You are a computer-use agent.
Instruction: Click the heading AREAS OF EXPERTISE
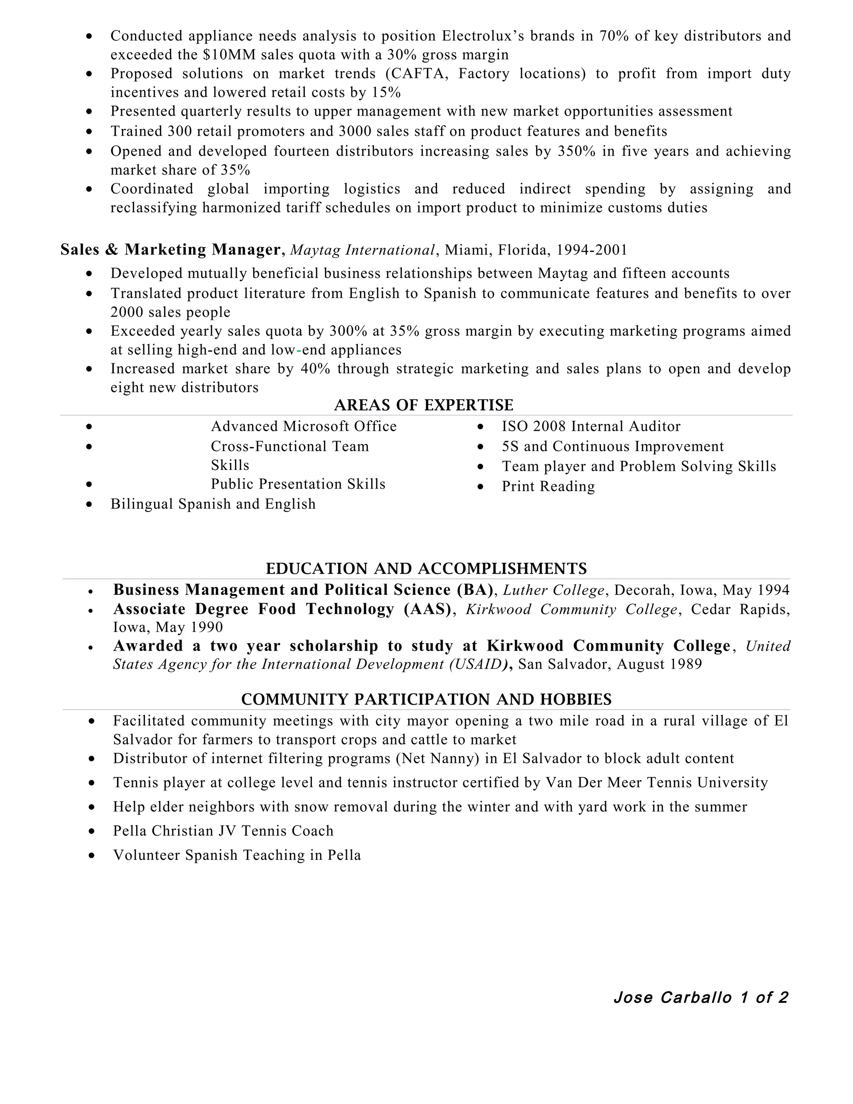pyautogui.click(x=424, y=405)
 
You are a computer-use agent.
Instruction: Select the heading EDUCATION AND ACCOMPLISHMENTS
pyautogui.click(x=426, y=569)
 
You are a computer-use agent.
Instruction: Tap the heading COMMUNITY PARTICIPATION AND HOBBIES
pyautogui.click(x=426, y=699)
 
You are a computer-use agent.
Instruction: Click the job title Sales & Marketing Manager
pyautogui.click(x=170, y=250)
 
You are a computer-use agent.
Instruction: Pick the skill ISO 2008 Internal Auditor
pyautogui.click(x=591, y=427)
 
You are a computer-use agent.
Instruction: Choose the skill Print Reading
pyautogui.click(x=548, y=486)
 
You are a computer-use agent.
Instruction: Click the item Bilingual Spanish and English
pyautogui.click(x=213, y=504)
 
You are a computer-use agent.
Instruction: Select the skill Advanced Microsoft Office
pyautogui.click(x=303, y=427)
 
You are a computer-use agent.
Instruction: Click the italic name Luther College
pyautogui.click(x=554, y=590)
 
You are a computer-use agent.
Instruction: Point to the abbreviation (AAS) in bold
pyautogui.click(x=427, y=609)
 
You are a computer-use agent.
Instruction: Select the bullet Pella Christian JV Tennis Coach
pyautogui.click(x=223, y=831)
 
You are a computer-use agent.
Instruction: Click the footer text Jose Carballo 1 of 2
pyautogui.click(x=701, y=997)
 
